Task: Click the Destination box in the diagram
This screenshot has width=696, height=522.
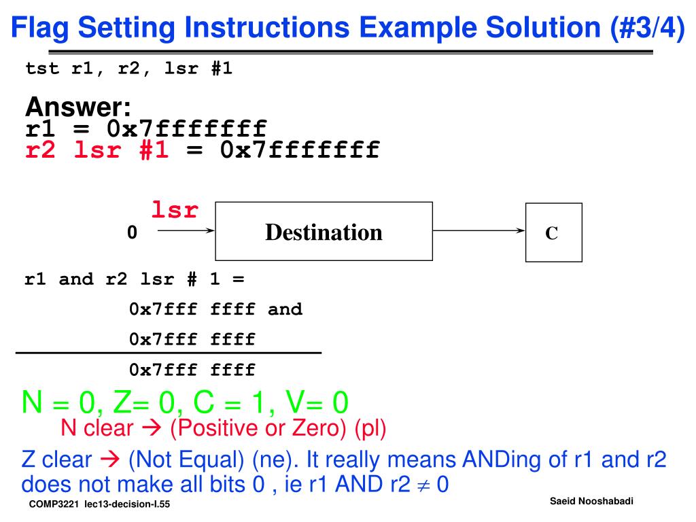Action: coord(324,232)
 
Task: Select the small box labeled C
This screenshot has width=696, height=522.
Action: coord(552,233)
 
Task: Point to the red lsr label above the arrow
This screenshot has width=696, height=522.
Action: coord(175,210)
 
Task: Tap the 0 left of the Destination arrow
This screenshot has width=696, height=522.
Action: coord(132,232)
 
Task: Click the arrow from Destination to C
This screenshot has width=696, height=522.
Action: coord(478,231)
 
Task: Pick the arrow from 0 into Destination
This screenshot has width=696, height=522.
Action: coord(186,231)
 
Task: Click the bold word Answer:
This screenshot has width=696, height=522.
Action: coord(77,107)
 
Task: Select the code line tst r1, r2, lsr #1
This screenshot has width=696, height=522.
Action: coord(129,69)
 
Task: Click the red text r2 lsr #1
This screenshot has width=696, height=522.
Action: coord(97,150)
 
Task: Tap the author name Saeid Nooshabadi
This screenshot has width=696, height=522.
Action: coord(591,501)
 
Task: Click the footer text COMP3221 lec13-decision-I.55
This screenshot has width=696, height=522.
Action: coord(99,506)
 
